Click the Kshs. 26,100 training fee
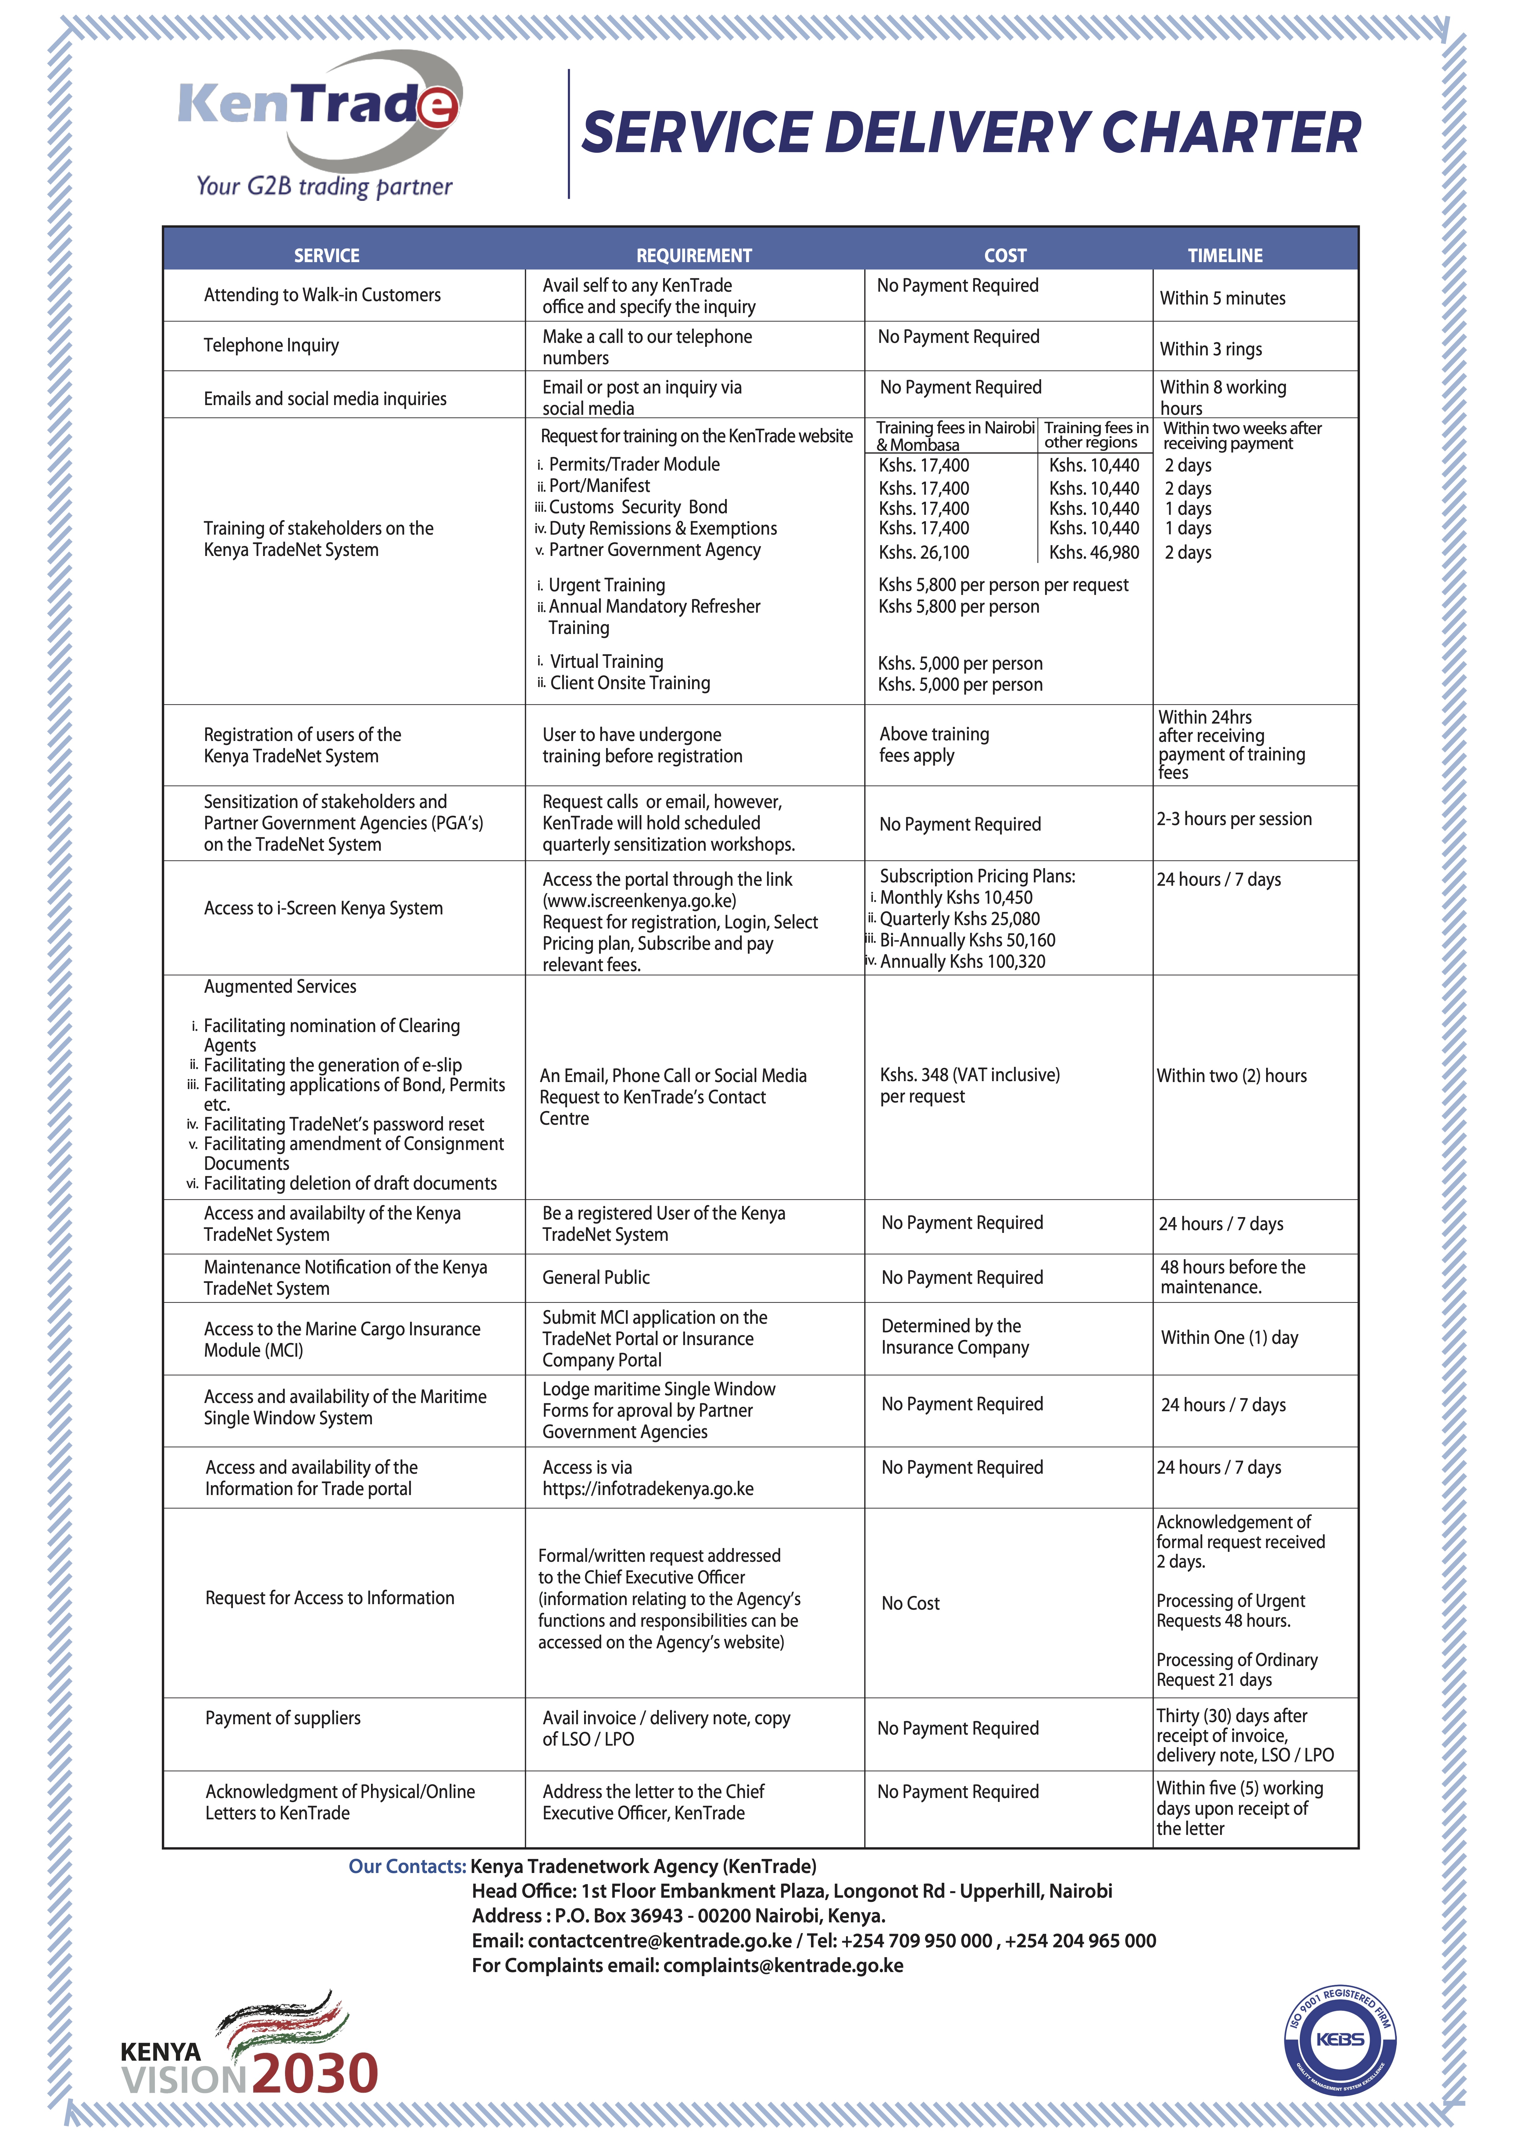point(924,553)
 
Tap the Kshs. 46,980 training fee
point(1094,553)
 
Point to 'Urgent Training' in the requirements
point(606,585)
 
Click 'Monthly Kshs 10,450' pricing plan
point(955,898)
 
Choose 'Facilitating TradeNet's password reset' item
point(343,1124)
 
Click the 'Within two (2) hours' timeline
point(1231,1076)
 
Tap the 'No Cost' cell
point(911,1603)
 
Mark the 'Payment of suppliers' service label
point(283,1718)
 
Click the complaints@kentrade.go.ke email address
point(783,1966)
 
